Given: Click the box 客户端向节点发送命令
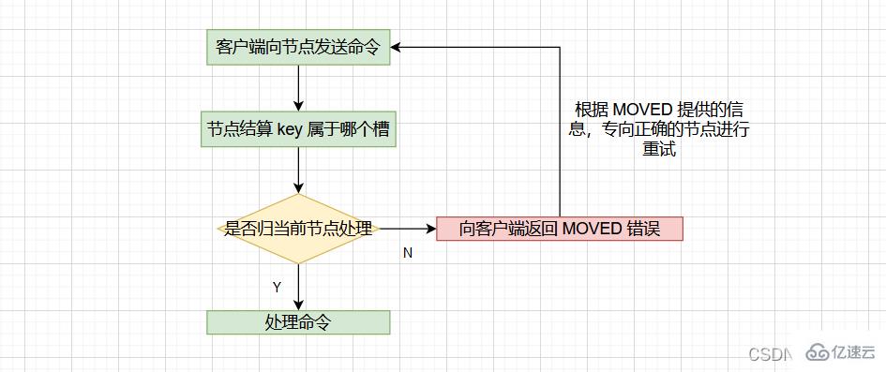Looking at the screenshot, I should pos(297,48).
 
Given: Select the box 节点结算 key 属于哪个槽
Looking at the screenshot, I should pos(297,130).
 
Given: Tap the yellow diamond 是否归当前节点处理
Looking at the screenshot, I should pos(297,228).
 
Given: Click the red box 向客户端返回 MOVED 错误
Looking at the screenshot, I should pos(560,229).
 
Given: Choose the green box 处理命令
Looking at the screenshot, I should pos(297,322).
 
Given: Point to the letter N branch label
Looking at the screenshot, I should pos(408,253).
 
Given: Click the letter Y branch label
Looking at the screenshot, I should pos(277,286).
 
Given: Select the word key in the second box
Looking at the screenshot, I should pos(290,130).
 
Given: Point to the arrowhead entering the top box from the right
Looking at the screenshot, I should pos(398,47).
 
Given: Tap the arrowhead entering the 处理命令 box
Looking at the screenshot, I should pos(297,305).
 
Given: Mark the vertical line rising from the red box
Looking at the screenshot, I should pos(560,131).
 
